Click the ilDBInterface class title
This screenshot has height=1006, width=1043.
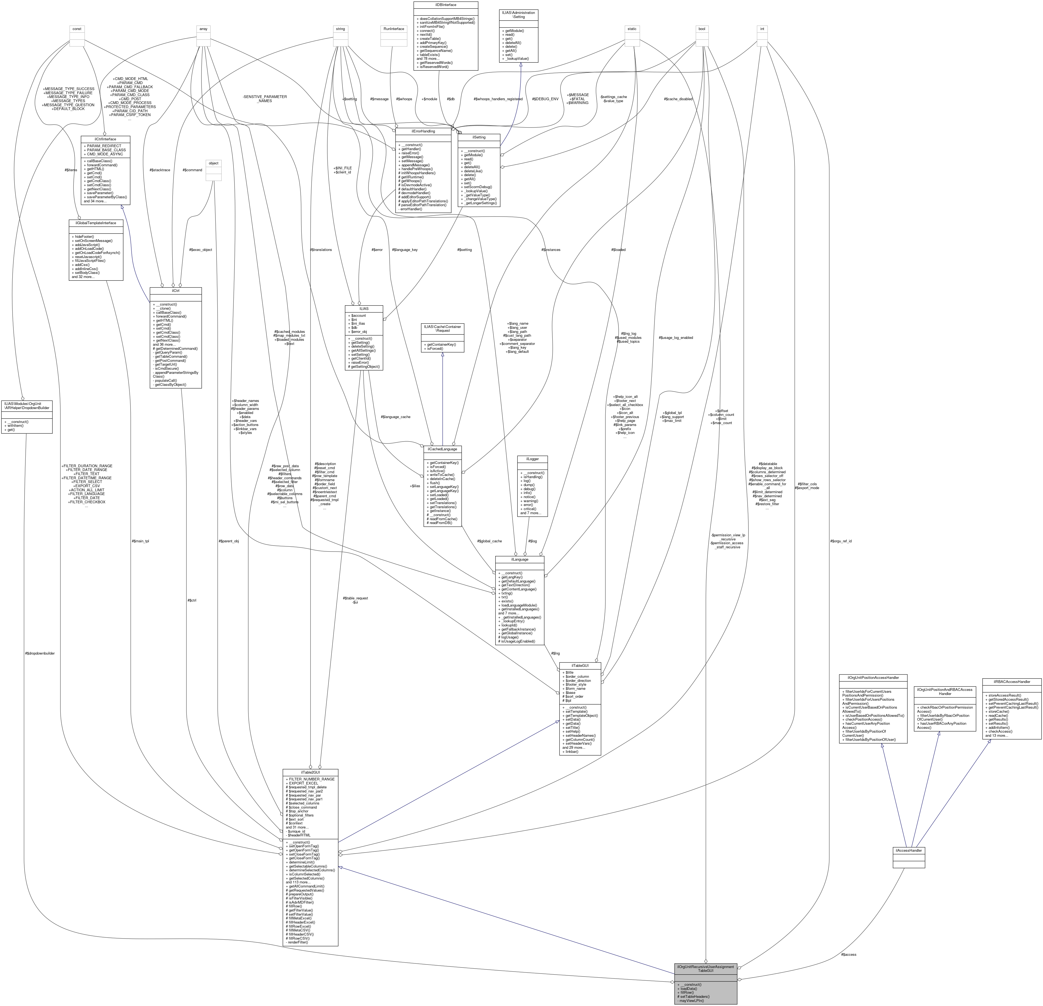tap(445, 5)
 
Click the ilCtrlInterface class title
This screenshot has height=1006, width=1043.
tap(105, 139)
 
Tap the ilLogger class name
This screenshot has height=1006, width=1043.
tap(532, 459)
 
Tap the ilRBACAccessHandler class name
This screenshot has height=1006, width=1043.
tap(1011, 681)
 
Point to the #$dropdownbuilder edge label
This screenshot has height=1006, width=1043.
tap(39, 653)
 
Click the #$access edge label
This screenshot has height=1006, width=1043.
tap(849, 954)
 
